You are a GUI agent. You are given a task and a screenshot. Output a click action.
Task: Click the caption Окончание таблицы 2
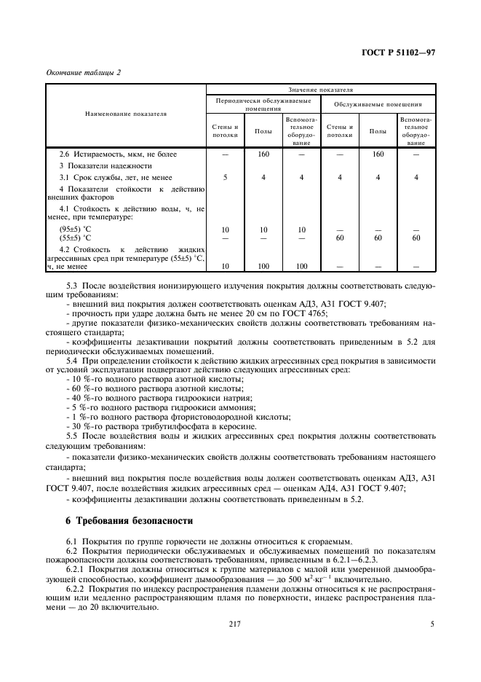[x=83, y=73]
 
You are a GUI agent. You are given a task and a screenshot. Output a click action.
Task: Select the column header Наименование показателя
[x=126, y=114]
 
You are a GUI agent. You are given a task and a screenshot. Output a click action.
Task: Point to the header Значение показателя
[x=320, y=90]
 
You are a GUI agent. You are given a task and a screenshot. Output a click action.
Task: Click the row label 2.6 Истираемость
[x=118, y=154]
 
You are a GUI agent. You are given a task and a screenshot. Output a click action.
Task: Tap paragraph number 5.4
[x=73, y=361]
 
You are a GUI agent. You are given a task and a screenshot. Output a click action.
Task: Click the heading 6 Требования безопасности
[x=129, y=521]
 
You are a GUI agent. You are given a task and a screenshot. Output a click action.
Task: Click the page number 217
[x=233, y=624]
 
